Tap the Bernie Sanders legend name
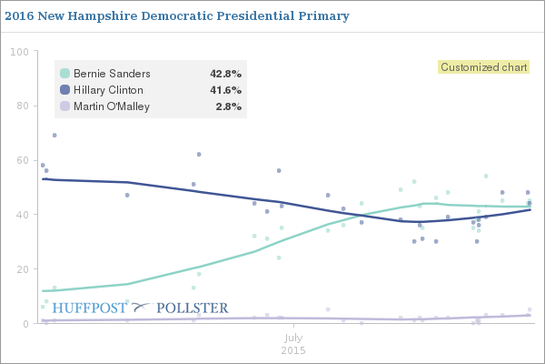click(x=112, y=74)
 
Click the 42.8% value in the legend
click(x=225, y=74)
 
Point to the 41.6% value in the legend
click(x=225, y=90)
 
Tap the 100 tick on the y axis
click(x=18, y=51)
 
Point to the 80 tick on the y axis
click(x=21, y=106)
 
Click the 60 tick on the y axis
click(x=21, y=160)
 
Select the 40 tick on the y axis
click(x=21, y=215)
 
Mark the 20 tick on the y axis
click(x=21, y=269)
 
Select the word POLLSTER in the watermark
click(x=193, y=308)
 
